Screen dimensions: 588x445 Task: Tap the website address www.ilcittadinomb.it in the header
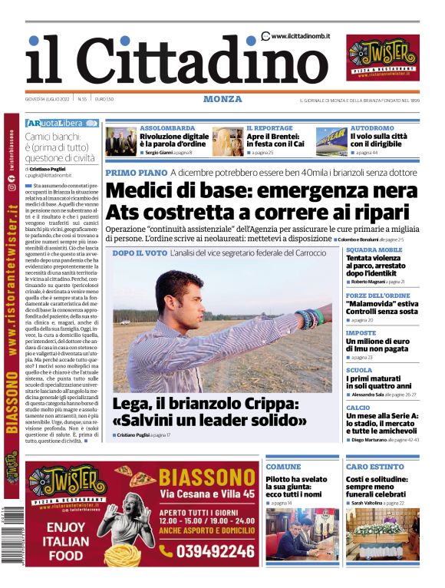click(300, 36)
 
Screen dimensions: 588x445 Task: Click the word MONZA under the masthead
click(222, 99)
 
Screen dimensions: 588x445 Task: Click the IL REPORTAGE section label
click(269, 128)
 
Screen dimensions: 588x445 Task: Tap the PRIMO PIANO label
click(136, 173)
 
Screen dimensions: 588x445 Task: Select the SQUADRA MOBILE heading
click(374, 250)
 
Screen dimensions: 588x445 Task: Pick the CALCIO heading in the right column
click(358, 408)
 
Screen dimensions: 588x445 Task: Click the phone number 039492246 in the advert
click(206, 550)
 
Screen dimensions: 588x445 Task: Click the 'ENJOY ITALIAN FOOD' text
click(65, 540)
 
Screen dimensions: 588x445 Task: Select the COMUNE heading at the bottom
click(284, 467)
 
